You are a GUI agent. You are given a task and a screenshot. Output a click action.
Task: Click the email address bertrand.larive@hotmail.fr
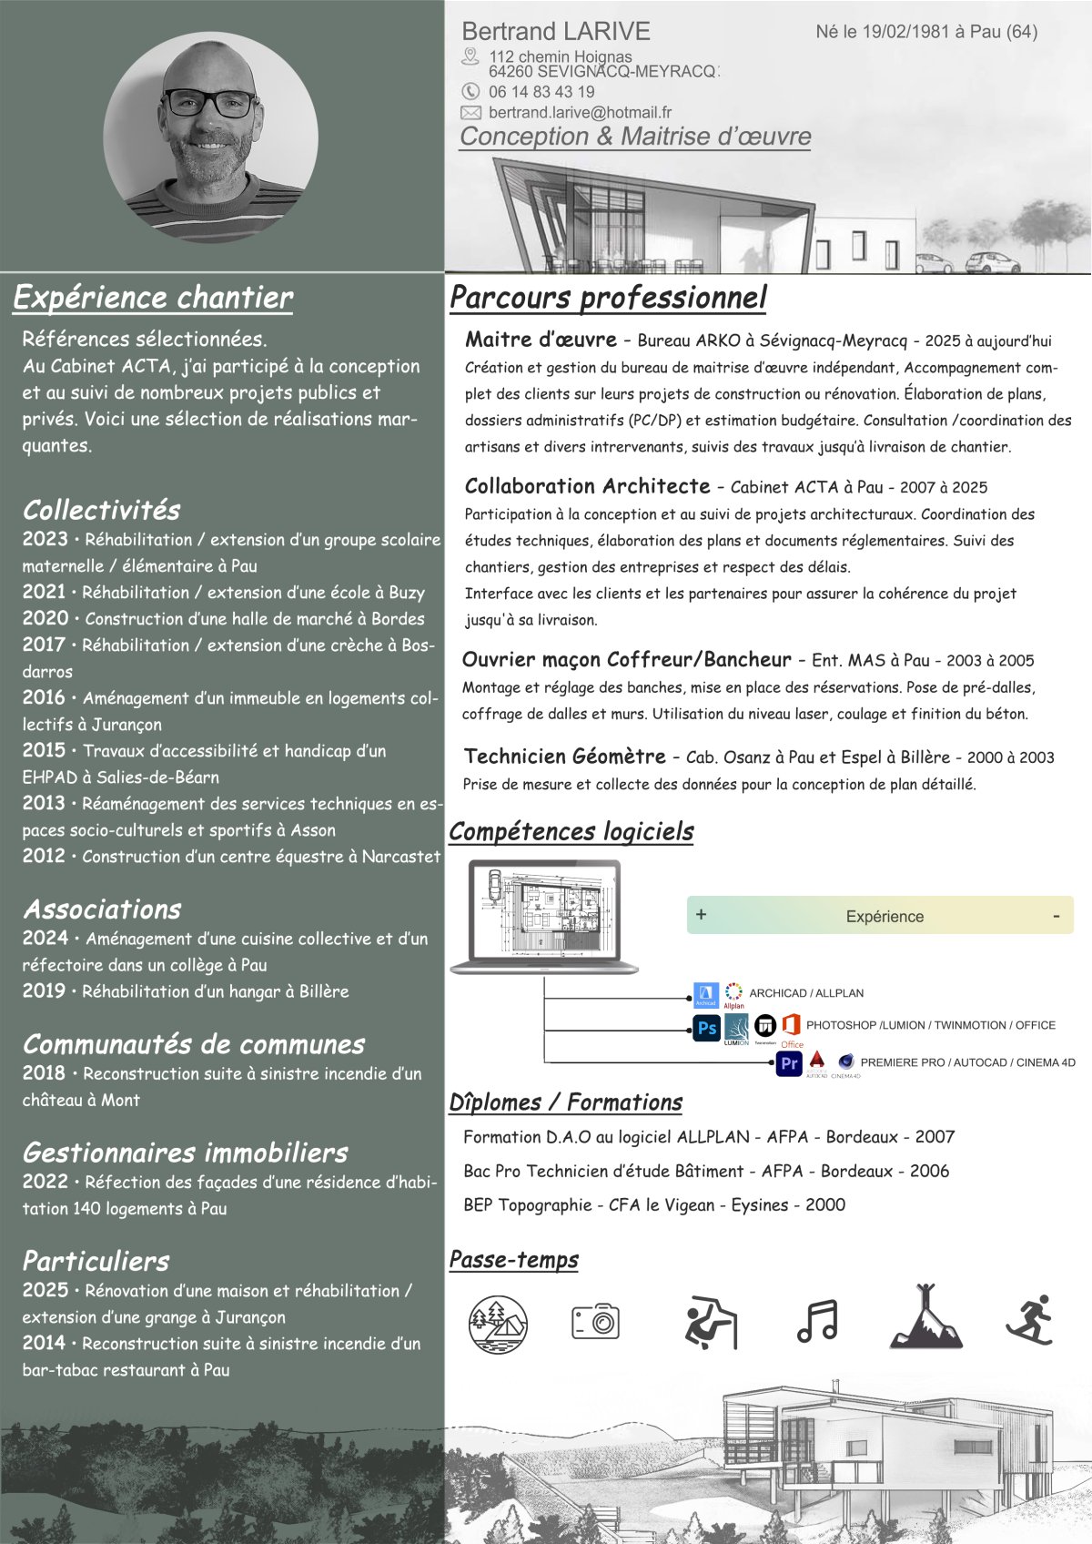pos(580,113)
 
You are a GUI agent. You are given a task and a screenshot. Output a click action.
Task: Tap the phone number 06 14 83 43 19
pos(541,92)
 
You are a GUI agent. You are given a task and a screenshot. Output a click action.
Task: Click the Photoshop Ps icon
pos(707,1029)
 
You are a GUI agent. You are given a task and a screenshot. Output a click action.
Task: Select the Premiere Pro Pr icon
pos(789,1063)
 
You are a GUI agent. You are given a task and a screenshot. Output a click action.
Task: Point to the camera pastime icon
pos(596,1321)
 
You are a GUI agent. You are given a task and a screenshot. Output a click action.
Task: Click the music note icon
pos(816,1321)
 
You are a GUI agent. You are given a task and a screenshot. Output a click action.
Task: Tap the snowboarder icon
pos(1031,1319)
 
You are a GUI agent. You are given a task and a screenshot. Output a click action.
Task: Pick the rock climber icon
pos(710,1321)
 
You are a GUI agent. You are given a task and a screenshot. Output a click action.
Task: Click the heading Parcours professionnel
pos(608,298)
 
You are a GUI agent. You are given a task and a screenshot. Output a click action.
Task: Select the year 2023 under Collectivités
pos(45,539)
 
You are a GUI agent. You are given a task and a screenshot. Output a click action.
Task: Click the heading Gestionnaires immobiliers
pos(185,1153)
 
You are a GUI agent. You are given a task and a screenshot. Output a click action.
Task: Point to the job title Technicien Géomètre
pos(564,757)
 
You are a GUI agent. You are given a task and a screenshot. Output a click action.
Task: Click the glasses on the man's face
pos(210,104)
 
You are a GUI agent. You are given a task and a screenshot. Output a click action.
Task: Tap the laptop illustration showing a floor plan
pos(544,917)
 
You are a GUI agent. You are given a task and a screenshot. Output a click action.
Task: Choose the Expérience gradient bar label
pos(885,917)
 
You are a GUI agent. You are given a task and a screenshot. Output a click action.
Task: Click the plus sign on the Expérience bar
pos(701,914)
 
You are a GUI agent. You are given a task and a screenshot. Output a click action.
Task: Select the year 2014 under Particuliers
pos(45,1343)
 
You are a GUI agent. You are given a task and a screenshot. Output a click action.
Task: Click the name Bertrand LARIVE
pos(556,32)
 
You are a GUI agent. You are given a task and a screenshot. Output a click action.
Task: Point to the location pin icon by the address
pos(470,57)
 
